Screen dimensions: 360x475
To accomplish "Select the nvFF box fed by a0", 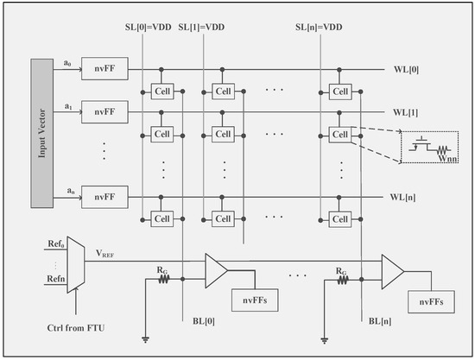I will (98, 66).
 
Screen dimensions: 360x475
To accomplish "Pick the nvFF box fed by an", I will (98, 199).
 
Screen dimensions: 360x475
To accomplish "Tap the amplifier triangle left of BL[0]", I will (216, 271).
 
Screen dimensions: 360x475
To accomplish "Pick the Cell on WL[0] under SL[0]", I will (160, 90).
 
